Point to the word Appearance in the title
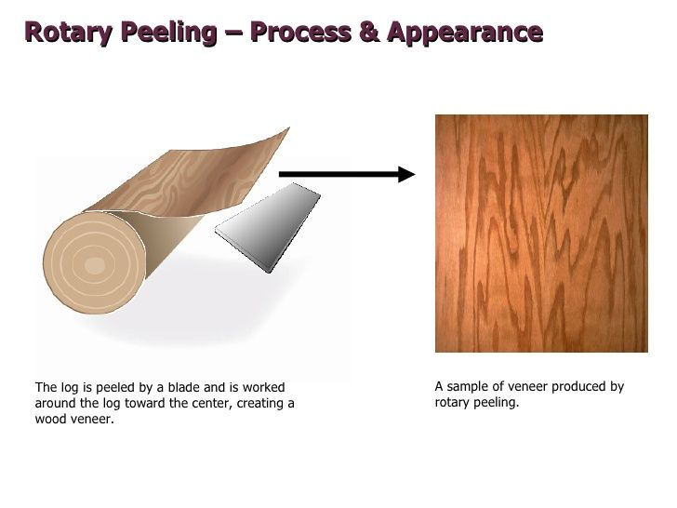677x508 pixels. [465, 33]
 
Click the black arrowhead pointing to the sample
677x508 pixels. [405, 173]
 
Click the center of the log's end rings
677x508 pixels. [94, 265]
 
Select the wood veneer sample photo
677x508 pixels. [541, 234]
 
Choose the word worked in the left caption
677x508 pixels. [264, 387]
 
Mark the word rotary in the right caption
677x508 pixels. [451, 404]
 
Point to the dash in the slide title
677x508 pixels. [232, 33]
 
